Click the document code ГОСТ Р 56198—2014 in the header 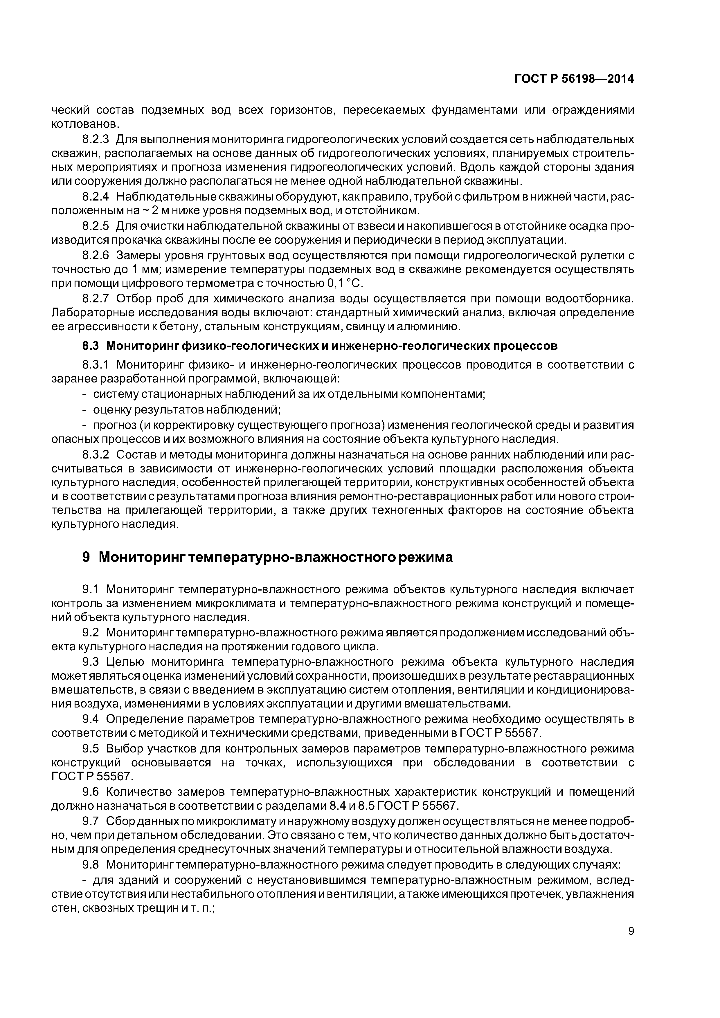(574, 79)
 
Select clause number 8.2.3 (96, 139)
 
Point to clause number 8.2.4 (96, 197)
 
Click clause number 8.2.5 (96, 226)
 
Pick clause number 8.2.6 (96, 255)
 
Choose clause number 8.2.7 (96, 298)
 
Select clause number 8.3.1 (96, 365)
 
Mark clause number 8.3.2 (96, 455)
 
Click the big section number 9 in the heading (87, 557)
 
